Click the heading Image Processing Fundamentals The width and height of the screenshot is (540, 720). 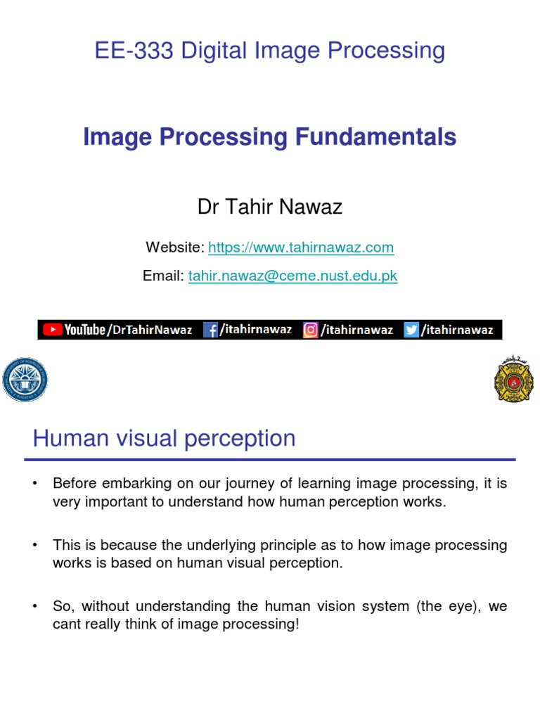[270, 137]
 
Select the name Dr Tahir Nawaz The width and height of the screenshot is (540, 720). [270, 207]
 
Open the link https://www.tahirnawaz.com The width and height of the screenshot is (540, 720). [301, 247]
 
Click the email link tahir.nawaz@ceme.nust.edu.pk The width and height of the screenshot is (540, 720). [292, 276]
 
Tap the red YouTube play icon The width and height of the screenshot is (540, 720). [51, 330]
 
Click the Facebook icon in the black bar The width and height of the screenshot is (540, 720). [210, 330]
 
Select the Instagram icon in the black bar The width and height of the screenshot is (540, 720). [310, 330]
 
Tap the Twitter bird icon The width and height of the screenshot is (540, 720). [411, 330]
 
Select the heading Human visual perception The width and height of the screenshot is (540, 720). [164, 439]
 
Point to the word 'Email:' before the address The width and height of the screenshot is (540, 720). [163, 276]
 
